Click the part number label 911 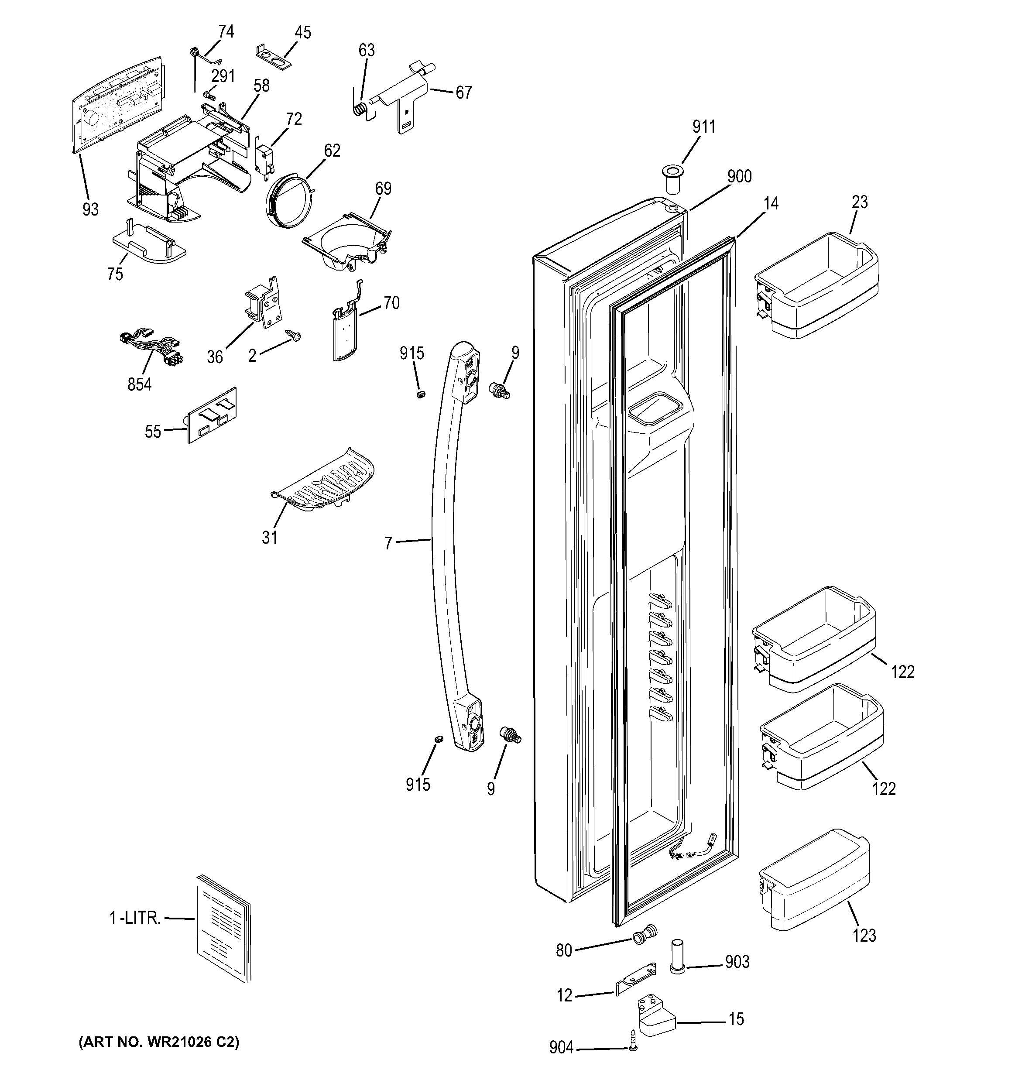tap(704, 127)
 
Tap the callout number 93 tap(90, 209)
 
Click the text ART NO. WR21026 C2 tap(159, 1042)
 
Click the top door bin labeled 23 tap(817, 285)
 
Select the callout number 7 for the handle tap(388, 543)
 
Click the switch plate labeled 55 tap(212, 415)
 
